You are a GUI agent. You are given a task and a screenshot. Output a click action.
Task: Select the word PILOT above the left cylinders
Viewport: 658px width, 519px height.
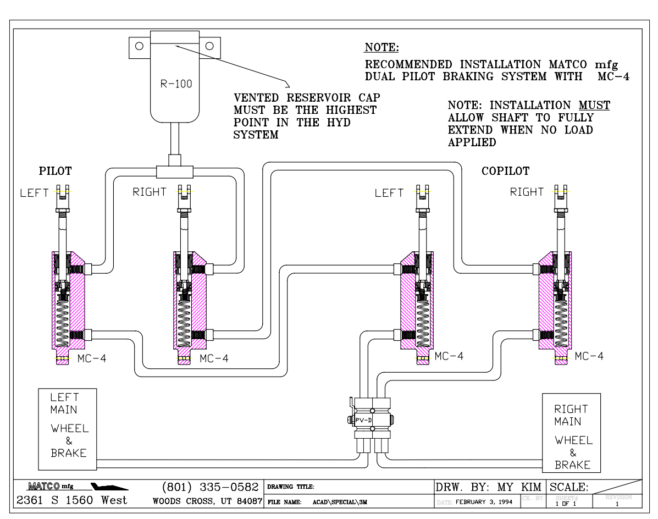point(55,170)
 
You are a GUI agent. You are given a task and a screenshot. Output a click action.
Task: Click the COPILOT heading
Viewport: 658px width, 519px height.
point(505,171)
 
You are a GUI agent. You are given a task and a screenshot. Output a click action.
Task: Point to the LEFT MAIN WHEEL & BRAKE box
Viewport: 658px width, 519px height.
point(68,425)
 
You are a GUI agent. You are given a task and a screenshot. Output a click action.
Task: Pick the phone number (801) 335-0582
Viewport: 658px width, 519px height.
point(211,487)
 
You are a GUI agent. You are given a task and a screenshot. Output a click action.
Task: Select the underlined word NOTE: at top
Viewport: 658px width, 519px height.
point(382,47)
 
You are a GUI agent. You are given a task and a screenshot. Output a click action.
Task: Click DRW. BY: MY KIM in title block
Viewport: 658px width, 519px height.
point(489,487)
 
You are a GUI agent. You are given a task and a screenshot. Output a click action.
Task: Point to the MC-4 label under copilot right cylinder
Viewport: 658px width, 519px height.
point(589,356)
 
